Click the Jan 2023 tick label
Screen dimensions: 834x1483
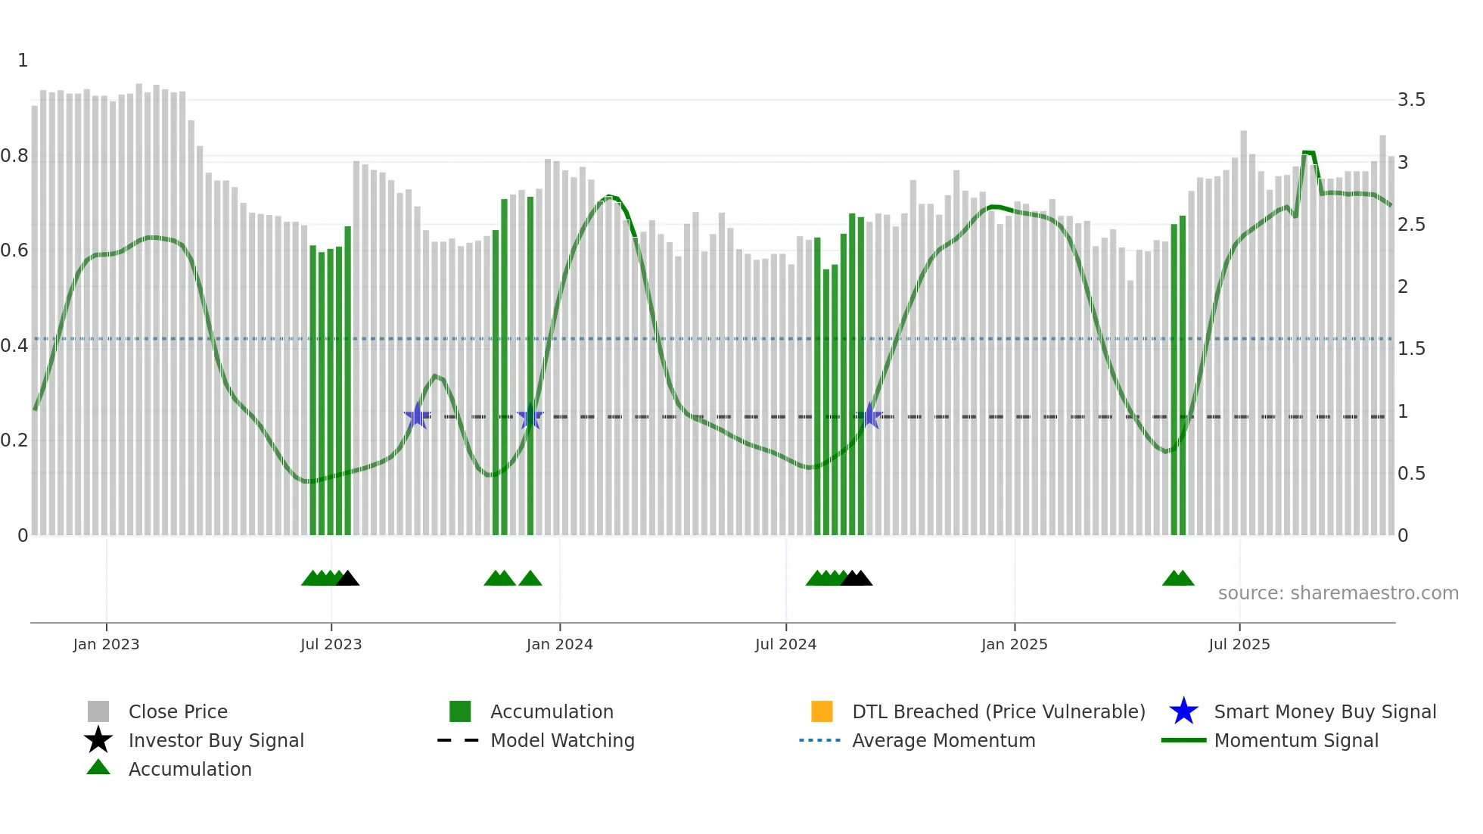point(106,644)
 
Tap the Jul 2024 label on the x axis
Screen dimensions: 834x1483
point(785,644)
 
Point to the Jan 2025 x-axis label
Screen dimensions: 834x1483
point(1014,644)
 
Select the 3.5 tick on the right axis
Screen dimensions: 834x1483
point(1410,100)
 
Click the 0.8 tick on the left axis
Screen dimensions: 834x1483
point(15,156)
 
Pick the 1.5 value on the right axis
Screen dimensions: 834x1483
point(1410,349)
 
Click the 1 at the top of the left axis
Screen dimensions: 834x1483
point(23,61)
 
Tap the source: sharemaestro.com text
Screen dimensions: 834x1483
point(1338,593)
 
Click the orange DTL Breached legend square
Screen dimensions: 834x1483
point(822,711)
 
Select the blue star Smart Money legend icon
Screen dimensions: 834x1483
point(1183,711)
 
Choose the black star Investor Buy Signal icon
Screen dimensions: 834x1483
point(98,740)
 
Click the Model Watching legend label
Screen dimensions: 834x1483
point(562,740)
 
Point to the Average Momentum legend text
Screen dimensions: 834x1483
point(944,740)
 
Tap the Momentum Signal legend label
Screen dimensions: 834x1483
point(1296,740)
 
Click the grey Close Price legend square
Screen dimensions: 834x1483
point(98,711)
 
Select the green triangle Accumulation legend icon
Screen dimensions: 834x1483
point(98,767)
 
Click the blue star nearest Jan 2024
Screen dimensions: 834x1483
point(530,416)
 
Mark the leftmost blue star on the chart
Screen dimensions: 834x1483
point(417,416)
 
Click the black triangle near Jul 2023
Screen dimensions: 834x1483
point(347,579)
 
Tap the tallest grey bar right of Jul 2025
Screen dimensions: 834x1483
point(1243,333)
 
